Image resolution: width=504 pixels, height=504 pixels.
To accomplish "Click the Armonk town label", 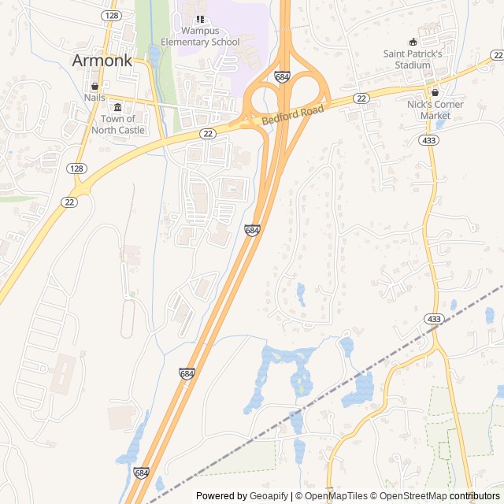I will [x=102, y=61].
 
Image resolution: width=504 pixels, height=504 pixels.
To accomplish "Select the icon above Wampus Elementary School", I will [x=200, y=19].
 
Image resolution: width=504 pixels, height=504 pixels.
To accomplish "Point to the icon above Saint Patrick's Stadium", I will [x=413, y=42].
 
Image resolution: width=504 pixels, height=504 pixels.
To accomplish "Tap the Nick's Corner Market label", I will [x=435, y=109].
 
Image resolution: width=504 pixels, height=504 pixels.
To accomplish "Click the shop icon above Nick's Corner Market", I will [x=435, y=92].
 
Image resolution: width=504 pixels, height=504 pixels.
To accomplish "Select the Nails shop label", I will [x=94, y=98].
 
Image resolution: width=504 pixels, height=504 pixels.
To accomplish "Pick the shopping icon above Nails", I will [x=94, y=86].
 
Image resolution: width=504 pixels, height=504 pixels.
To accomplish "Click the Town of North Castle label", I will [x=118, y=124].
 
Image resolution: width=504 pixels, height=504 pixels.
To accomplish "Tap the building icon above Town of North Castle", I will [x=118, y=107].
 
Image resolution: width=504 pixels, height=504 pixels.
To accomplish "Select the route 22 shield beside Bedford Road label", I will [x=361, y=98].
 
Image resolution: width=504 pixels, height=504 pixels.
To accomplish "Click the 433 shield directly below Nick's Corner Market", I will [x=428, y=139].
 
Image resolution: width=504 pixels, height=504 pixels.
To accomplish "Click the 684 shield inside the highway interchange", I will [x=282, y=76].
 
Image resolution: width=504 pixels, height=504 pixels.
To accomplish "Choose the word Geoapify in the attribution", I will [x=269, y=496].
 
